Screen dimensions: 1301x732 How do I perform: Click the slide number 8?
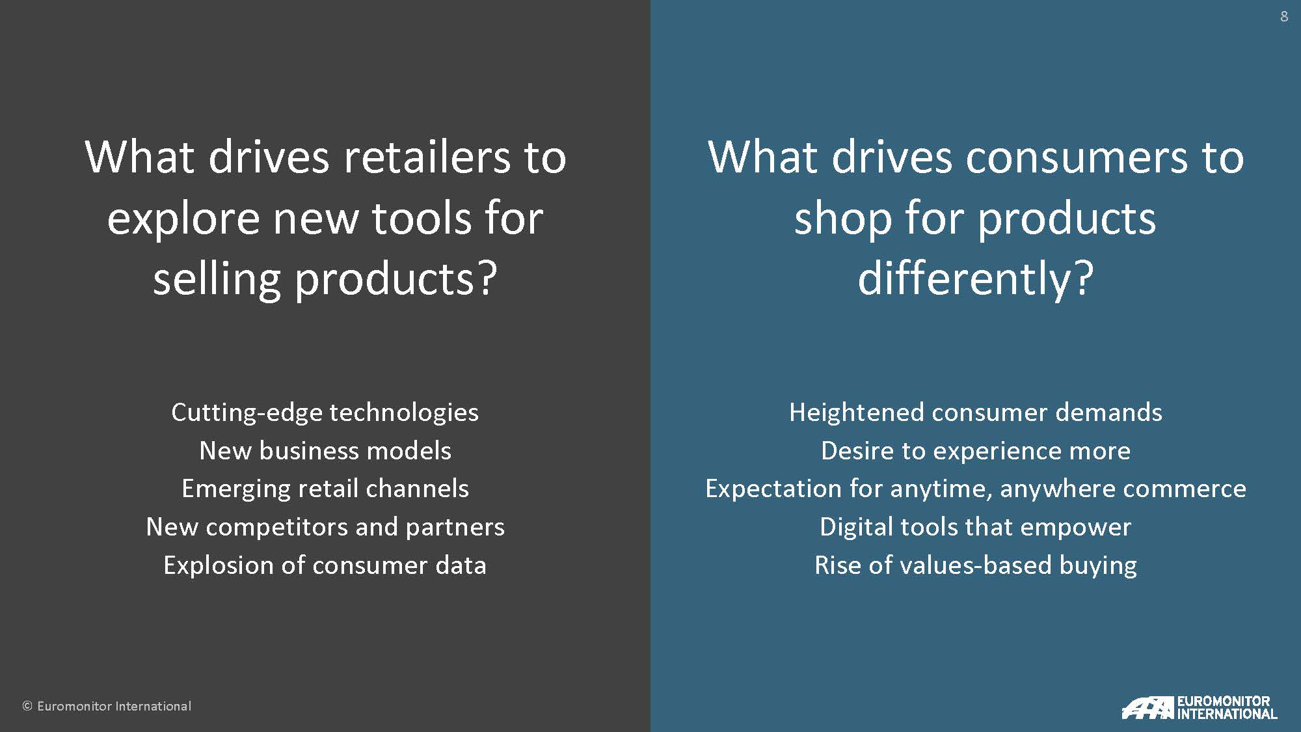coord(1284,16)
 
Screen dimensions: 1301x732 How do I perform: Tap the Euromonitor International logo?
coord(1200,707)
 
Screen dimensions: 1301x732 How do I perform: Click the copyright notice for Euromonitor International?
coord(107,706)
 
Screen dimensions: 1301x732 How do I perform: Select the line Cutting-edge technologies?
coord(325,413)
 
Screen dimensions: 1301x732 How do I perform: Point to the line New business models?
coord(325,450)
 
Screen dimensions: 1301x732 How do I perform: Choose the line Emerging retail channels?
coord(325,489)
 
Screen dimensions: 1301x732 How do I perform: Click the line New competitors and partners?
coord(325,527)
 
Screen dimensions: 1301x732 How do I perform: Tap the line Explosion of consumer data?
coord(325,565)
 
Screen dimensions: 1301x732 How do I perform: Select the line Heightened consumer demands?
coord(976,413)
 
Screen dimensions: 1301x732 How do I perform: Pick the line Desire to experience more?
coord(976,450)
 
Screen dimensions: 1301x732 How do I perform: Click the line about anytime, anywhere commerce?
coord(976,489)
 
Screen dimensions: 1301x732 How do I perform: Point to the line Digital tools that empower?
coord(976,527)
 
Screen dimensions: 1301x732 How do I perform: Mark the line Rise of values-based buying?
coord(976,565)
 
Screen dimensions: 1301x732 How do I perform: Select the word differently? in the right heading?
coord(976,278)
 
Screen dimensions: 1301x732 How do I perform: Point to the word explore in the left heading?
coord(183,220)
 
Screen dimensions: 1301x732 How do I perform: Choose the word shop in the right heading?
coord(842,220)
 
